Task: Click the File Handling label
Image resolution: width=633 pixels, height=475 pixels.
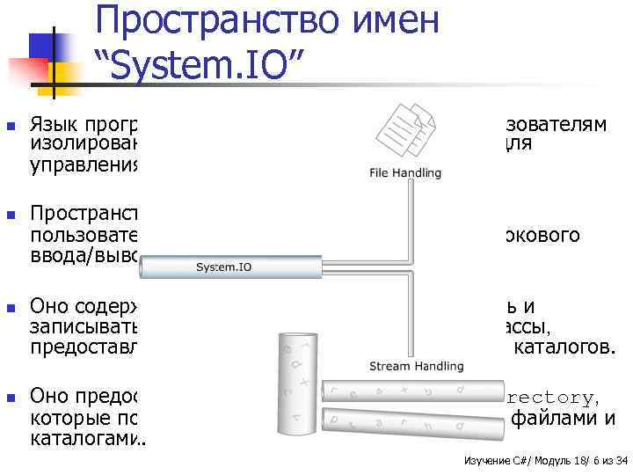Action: (x=405, y=173)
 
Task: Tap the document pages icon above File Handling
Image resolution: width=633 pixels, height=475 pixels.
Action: (x=406, y=129)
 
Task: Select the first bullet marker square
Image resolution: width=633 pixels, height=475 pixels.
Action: (x=10, y=127)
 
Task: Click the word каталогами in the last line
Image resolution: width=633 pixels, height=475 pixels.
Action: (x=84, y=435)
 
